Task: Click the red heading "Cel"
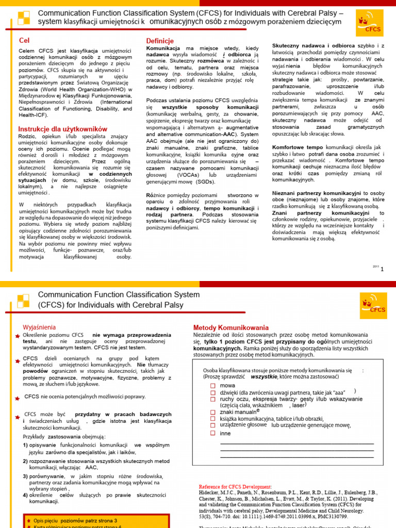[x=24, y=40]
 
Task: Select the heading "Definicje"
[x=160, y=40]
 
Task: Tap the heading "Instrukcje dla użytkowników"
[x=63, y=129]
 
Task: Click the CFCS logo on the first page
[x=370, y=24]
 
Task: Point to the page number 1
[x=382, y=269]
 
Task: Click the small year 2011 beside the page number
[x=375, y=266]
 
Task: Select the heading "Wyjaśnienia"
[x=40, y=327]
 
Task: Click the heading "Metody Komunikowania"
[x=230, y=327]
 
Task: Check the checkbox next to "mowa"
[x=213, y=385]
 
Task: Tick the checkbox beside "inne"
[x=213, y=433]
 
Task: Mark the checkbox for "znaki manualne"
[x=213, y=412]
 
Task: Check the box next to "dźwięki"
[x=213, y=392]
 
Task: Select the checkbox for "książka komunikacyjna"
[x=213, y=419]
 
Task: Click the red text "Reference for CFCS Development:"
[x=235, y=486]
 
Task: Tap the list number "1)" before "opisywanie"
[x=25, y=444]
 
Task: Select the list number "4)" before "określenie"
[x=25, y=495]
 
